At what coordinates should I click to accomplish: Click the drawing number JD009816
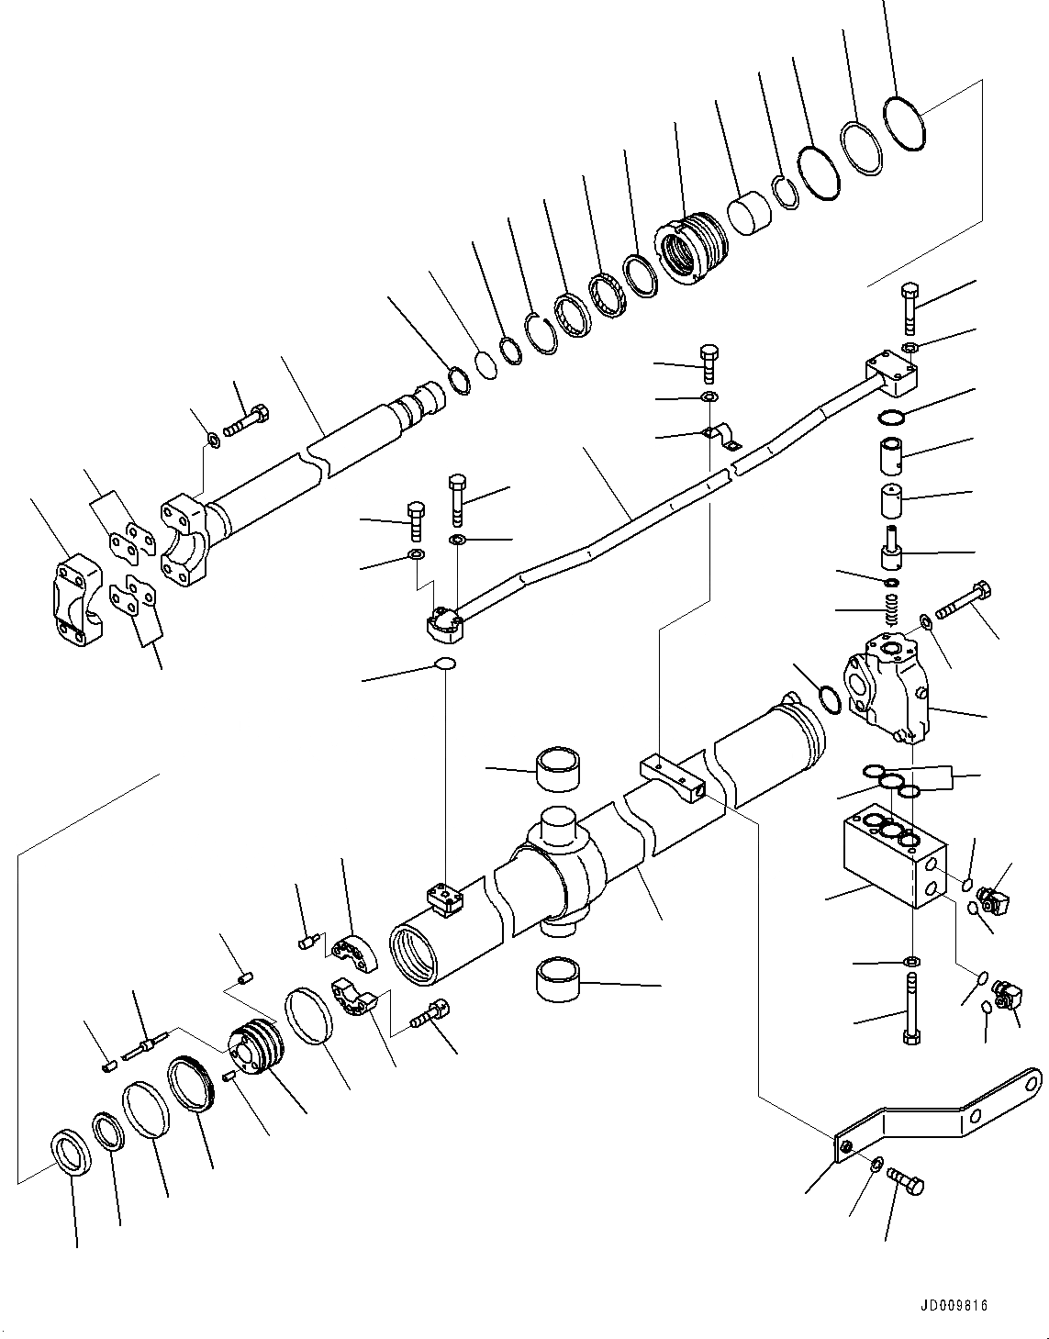point(952,1305)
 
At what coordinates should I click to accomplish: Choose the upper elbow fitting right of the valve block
point(994,898)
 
